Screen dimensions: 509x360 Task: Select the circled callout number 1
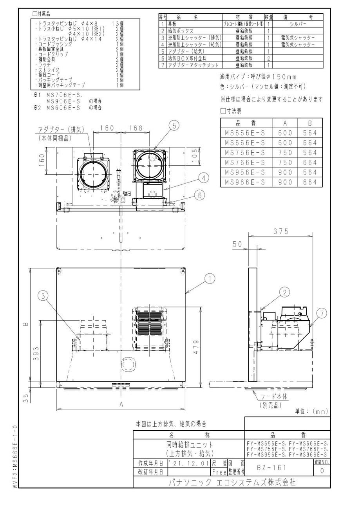(x=210, y=279)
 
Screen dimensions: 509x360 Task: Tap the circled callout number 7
(x=321, y=313)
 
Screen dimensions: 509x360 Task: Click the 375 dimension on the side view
(x=281, y=231)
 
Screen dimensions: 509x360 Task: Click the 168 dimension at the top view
(x=135, y=128)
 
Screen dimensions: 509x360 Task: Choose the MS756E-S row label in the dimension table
(x=245, y=152)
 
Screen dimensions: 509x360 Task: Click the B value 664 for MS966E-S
(x=310, y=182)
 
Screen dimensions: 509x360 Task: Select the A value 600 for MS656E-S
(x=285, y=133)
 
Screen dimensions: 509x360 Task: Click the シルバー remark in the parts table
(x=298, y=23)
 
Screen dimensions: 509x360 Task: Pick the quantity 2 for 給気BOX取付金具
(x=268, y=58)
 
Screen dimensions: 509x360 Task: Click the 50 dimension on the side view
(x=237, y=244)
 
